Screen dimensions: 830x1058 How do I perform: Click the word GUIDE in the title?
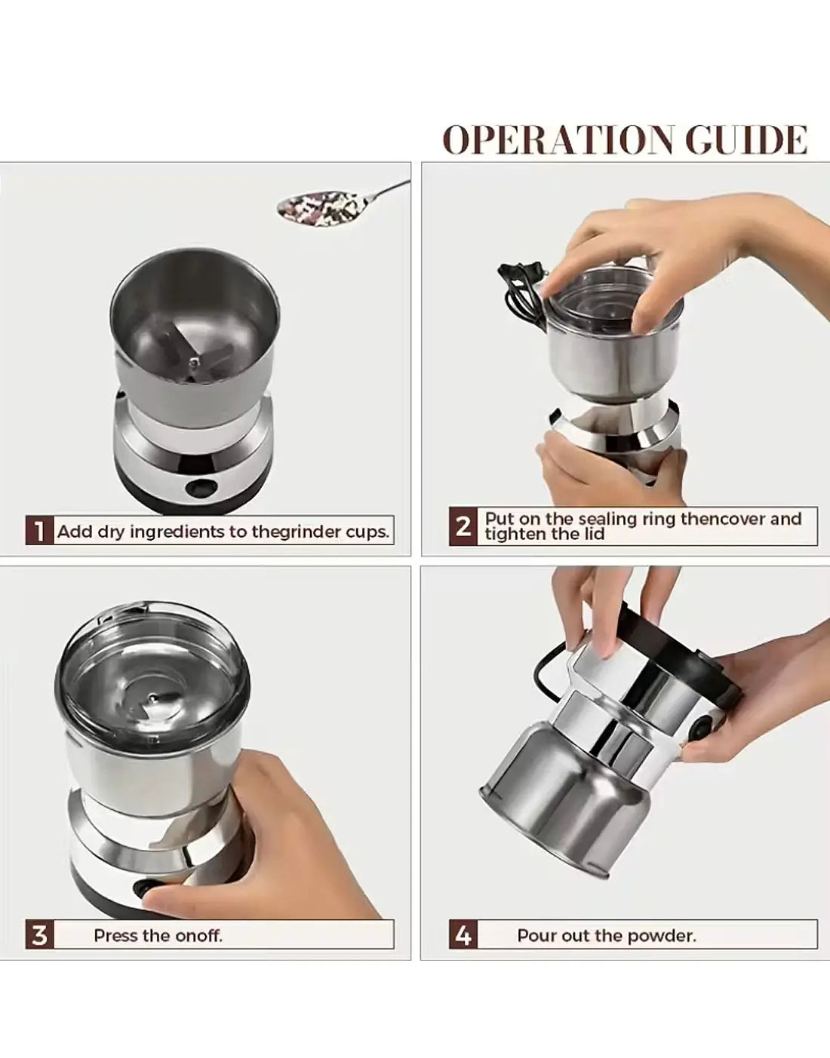[x=746, y=140]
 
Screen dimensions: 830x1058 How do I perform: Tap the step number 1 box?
[x=39, y=531]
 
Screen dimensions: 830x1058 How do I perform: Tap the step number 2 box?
[x=463, y=526]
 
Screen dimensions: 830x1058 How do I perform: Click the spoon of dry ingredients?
[x=341, y=204]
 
